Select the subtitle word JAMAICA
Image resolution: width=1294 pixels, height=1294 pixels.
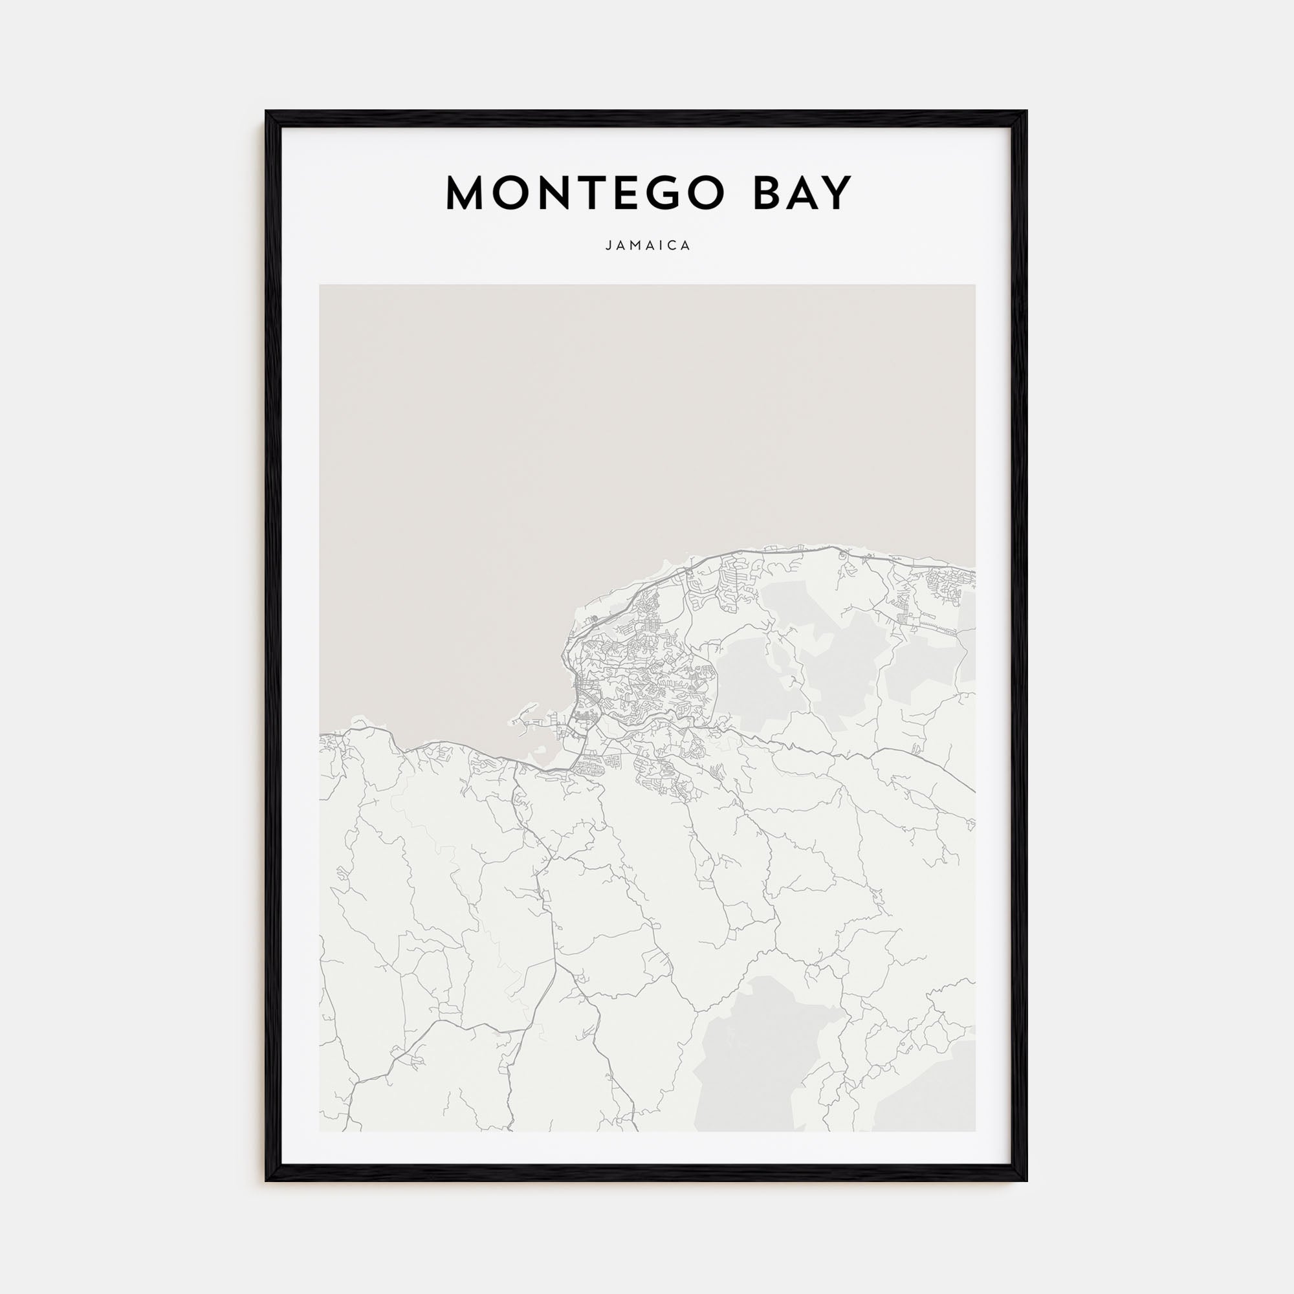pyautogui.click(x=648, y=246)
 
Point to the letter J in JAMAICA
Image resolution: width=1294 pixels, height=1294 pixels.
pyautogui.click(x=608, y=246)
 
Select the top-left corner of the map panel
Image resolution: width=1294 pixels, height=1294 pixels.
pyautogui.click(x=320, y=285)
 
